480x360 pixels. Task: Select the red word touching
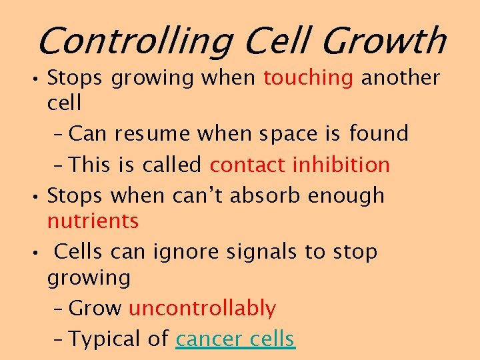coord(308,79)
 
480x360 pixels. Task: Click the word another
coord(401,78)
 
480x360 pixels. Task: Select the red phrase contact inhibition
coord(300,164)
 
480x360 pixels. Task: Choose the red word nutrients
coord(93,221)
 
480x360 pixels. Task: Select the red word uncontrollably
coord(202,309)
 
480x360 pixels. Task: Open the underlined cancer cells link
coord(235,339)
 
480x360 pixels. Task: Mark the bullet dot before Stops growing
coord(39,78)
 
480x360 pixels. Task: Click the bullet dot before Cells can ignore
coord(39,253)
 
